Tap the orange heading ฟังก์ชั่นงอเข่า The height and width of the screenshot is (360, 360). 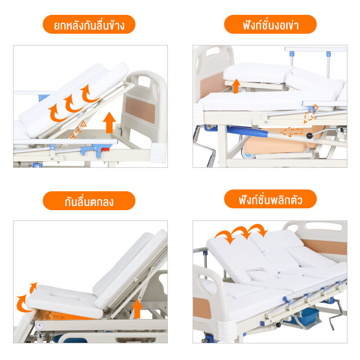click(x=270, y=25)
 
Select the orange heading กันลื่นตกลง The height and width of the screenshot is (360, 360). click(x=89, y=201)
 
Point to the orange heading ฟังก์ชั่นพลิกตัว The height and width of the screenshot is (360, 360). click(x=270, y=199)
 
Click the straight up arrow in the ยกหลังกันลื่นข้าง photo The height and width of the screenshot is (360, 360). click(x=109, y=122)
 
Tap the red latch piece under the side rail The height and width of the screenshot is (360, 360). click(x=105, y=149)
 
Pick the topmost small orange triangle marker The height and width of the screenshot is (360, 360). click(x=83, y=124)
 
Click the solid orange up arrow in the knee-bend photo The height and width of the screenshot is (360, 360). click(x=236, y=86)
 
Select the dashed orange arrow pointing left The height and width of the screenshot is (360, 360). click(x=291, y=132)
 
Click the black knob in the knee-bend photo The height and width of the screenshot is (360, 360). click(x=310, y=136)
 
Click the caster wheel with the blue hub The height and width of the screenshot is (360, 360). click(x=248, y=154)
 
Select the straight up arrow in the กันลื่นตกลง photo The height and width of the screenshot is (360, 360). click(x=137, y=309)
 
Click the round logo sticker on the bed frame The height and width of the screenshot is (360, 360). click(x=40, y=326)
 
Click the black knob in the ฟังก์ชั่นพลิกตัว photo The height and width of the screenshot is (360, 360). click(x=279, y=325)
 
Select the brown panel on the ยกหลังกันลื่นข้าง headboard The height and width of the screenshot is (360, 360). click(x=140, y=110)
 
